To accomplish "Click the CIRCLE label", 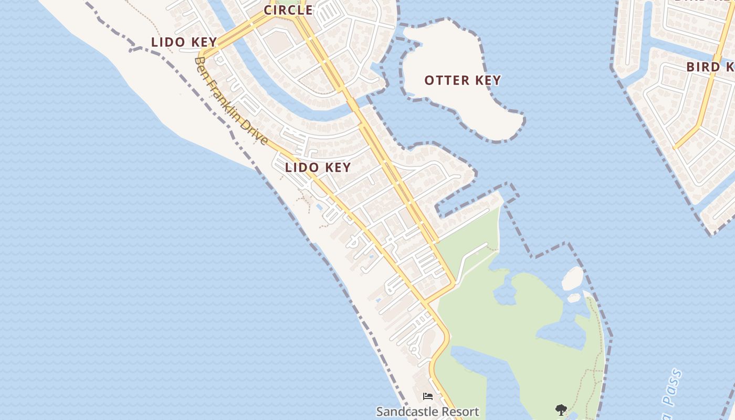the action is [x=288, y=10].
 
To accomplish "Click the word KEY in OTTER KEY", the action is [x=488, y=80].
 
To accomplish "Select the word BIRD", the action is [x=703, y=67].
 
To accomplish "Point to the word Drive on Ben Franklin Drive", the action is [x=257, y=133].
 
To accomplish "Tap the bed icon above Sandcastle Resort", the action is [x=428, y=396].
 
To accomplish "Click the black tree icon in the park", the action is [x=561, y=409].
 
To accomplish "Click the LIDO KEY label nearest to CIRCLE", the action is [x=184, y=42].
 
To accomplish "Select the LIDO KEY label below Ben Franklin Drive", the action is [x=318, y=167].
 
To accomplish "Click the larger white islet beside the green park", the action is [x=572, y=278].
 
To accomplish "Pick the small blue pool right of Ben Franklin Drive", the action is [x=319, y=206].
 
